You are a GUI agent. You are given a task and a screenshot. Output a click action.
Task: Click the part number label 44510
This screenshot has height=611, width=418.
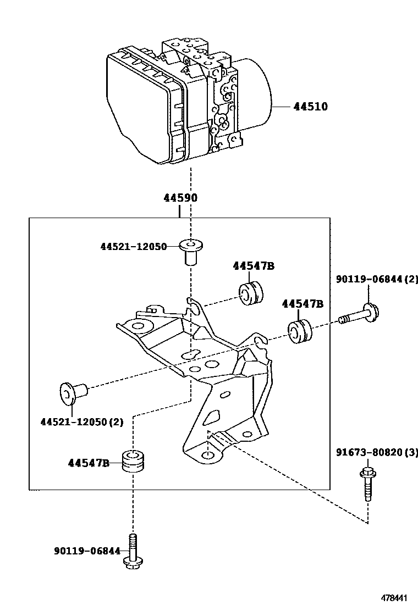coord(310,107)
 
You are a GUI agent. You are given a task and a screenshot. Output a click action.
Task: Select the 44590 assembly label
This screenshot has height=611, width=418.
coord(180,198)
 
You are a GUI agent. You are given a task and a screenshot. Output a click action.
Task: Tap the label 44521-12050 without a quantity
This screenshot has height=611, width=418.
coord(133,247)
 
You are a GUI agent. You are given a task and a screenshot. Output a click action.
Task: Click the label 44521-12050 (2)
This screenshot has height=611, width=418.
coord(82,422)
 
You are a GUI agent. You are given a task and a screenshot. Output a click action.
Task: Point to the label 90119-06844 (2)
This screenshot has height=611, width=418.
coord(377,279)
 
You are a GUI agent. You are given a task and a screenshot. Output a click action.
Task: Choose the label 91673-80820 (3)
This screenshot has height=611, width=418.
coord(377,452)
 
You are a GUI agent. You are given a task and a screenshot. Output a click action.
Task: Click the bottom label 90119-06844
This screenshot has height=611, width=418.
coord(87,551)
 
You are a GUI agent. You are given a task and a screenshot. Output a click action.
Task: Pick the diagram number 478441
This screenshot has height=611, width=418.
coord(394,598)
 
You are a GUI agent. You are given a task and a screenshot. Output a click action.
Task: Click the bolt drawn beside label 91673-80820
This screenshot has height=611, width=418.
coord(367,483)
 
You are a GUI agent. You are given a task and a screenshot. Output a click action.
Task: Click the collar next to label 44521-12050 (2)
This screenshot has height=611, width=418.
coord(74,393)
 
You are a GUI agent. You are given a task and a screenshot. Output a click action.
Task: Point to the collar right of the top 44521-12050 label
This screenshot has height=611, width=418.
coord(191,252)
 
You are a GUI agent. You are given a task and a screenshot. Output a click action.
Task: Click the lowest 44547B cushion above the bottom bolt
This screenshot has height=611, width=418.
coord(133,461)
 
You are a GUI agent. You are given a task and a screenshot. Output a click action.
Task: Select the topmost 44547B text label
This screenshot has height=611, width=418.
coord(254,266)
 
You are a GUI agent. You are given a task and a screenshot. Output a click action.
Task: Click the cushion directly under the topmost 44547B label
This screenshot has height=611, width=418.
coord(251,293)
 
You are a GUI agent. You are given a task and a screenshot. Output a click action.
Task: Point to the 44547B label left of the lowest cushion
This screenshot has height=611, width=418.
coord(89,463)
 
